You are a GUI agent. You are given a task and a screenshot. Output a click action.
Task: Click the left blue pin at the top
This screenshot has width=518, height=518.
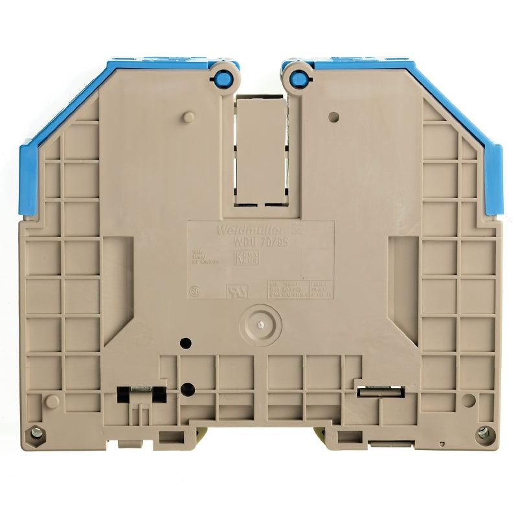(x=224, y=78)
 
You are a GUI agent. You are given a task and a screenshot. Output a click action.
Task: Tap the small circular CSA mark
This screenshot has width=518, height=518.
(x=193, y=291)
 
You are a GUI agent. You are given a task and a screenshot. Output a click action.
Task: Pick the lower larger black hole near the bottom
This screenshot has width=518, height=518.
(x=187, y=389)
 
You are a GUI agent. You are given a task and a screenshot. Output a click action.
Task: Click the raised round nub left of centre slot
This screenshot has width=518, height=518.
(x=187, y=116)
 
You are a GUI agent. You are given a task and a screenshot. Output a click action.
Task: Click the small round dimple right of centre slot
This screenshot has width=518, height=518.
(x=333, y=118)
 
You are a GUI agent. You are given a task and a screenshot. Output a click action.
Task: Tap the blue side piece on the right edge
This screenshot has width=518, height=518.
(x=493, y=178)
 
